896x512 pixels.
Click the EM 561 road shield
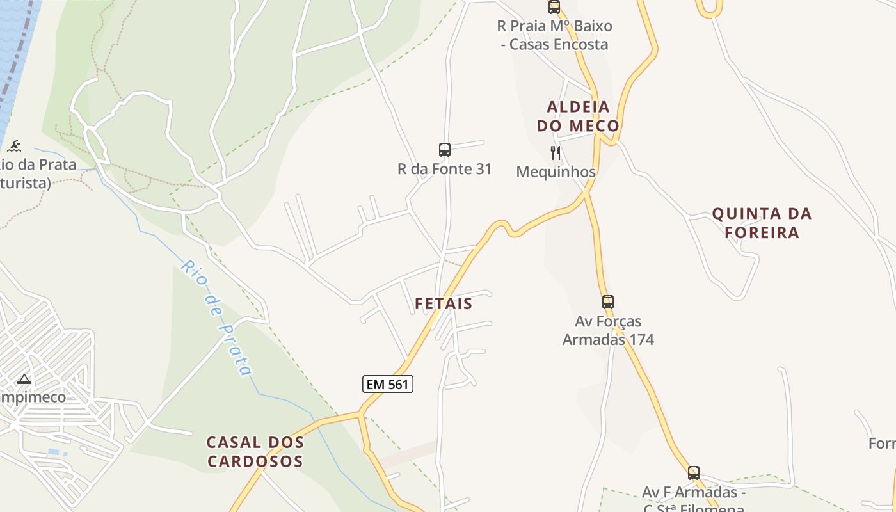pos(388,384)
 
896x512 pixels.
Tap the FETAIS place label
pos(444,303)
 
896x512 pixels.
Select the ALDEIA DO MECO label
pos(578,116)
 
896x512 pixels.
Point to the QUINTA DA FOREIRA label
pos(762,223)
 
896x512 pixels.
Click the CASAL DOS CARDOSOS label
pos(255,451)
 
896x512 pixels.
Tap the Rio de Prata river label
pos(216,317)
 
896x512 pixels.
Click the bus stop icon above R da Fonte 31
pos(445,150)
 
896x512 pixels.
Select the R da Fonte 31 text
pos(445,169)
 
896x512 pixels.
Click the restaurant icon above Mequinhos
pos(556,153)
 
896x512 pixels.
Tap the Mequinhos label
pos(556,172)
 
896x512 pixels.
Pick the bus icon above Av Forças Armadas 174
pos(608,301)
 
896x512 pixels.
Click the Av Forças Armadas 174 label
pos(608,330)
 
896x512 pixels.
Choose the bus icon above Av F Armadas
pos(694,473)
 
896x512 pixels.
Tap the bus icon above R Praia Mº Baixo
pos(554,7)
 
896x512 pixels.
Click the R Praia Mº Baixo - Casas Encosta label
pos(554,35)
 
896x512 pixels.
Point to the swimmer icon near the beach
pos(13,145)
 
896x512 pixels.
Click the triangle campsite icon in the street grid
pos(24,379)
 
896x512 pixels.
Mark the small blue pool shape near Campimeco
pos(54,452)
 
